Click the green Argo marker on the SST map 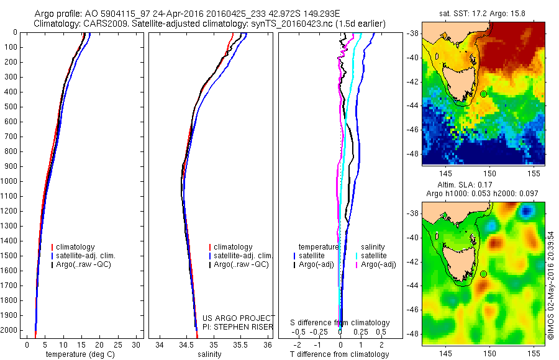click(x=483, y=94)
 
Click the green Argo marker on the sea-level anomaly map click(x=483, y=274)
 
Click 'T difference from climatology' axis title click(x=339, y=354)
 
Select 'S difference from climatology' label click(x=340, y=323)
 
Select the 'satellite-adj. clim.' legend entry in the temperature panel click(x=86, y=256)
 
